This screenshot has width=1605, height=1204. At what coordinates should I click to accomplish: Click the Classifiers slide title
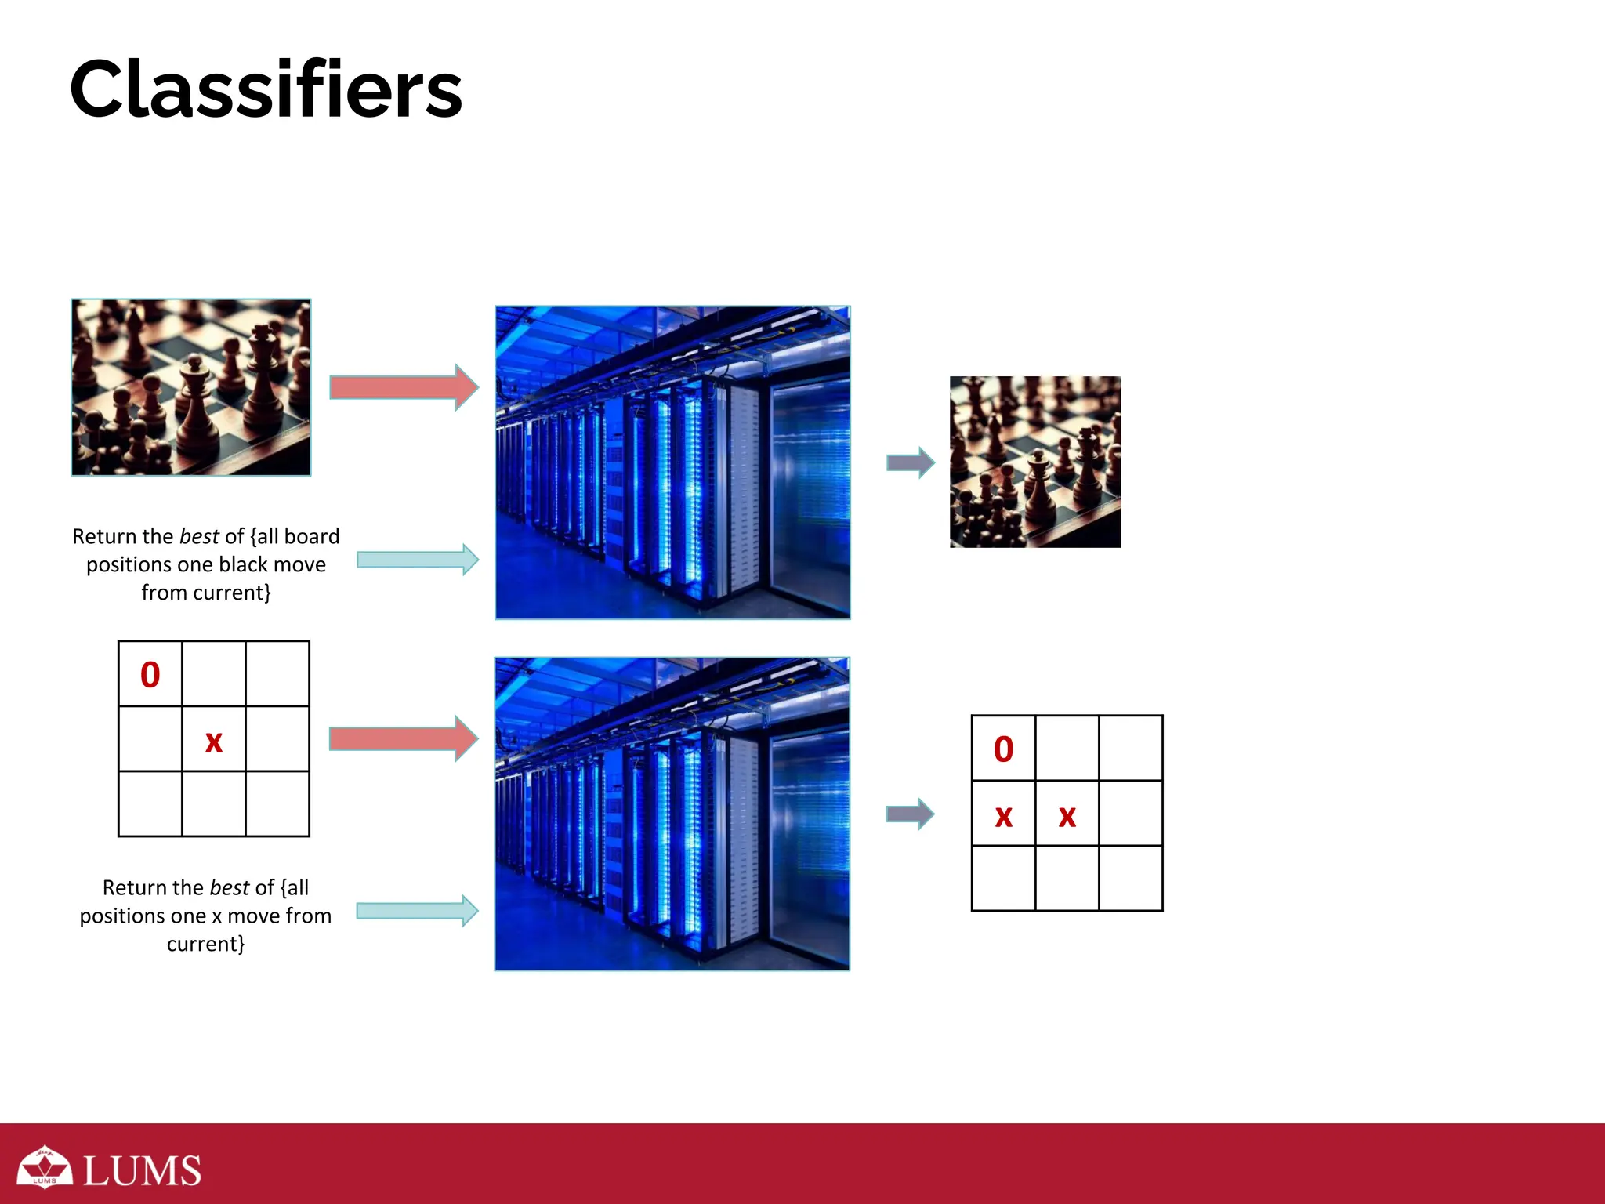pos(266,89)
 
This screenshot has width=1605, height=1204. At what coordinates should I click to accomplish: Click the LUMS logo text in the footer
pos(142,1171)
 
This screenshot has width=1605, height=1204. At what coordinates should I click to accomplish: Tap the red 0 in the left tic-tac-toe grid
pos(150,675)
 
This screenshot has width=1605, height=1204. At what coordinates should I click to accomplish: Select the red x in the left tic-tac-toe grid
pos(213,742)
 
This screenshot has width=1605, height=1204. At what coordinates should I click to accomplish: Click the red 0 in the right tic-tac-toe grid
pos(1003,749)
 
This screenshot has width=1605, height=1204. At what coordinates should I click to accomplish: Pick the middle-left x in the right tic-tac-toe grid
pos(1003,816)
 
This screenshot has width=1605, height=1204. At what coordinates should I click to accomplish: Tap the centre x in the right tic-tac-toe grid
pos(1067,816)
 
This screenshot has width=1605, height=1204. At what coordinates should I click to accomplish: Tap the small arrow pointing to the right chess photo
pos(910,462)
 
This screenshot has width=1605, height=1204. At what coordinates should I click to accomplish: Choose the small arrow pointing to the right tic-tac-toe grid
pos(910,814)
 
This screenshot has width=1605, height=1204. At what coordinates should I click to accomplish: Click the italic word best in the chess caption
pos(199,536)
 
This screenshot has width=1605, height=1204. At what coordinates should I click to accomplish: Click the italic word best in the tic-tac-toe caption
pos(230,887)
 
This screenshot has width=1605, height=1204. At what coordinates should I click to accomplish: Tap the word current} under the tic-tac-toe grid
pos(205,944)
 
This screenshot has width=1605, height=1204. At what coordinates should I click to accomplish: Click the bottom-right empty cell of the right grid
pos(1130,878)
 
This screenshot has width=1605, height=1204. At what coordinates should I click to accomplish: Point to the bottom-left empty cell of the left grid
pos(150,804)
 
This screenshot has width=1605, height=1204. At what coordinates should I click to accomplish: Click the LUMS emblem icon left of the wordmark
pos(45,1168)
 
